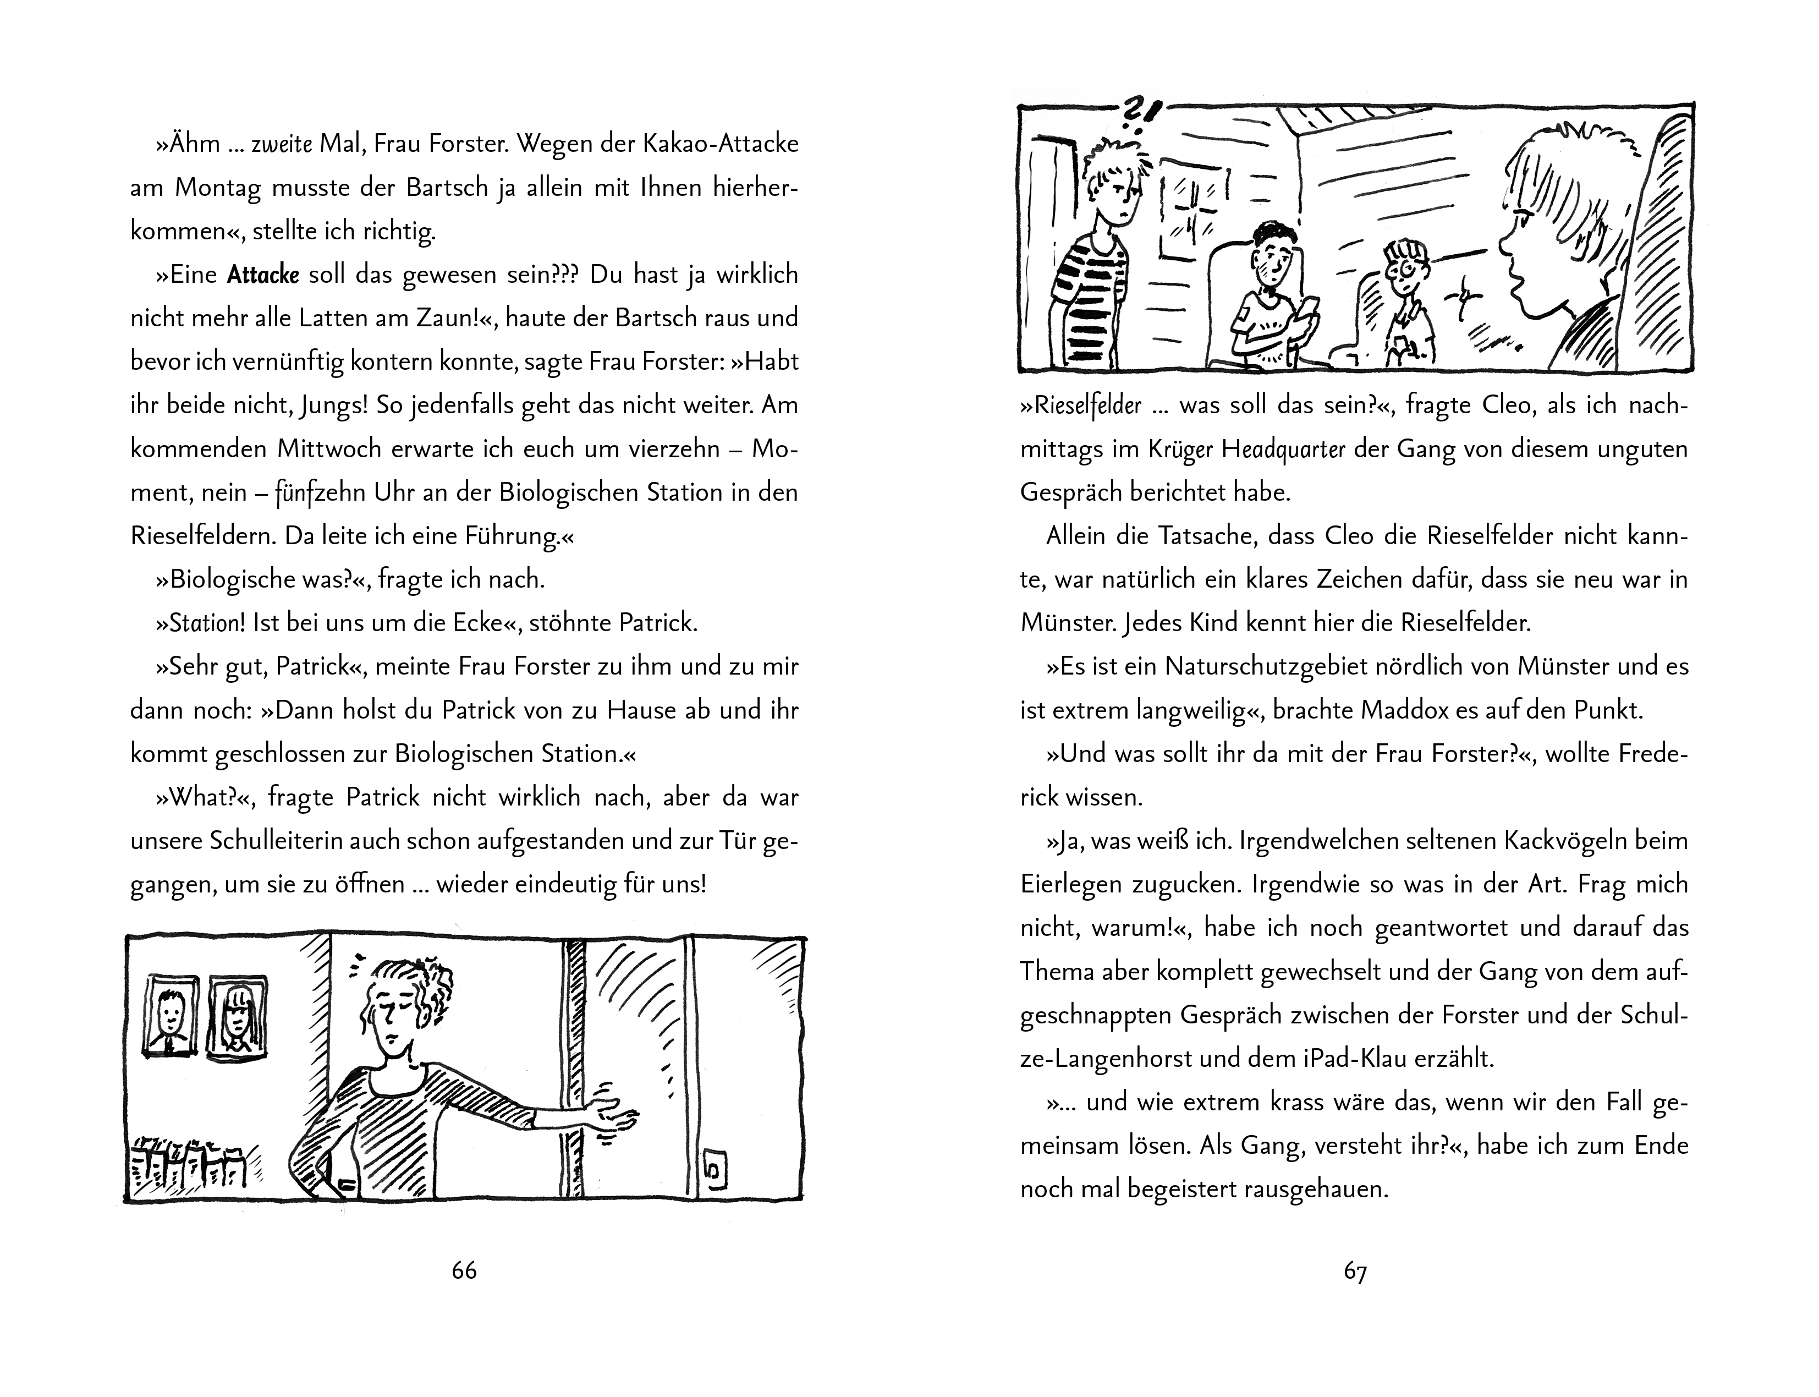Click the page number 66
464,1270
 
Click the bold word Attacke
263,275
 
